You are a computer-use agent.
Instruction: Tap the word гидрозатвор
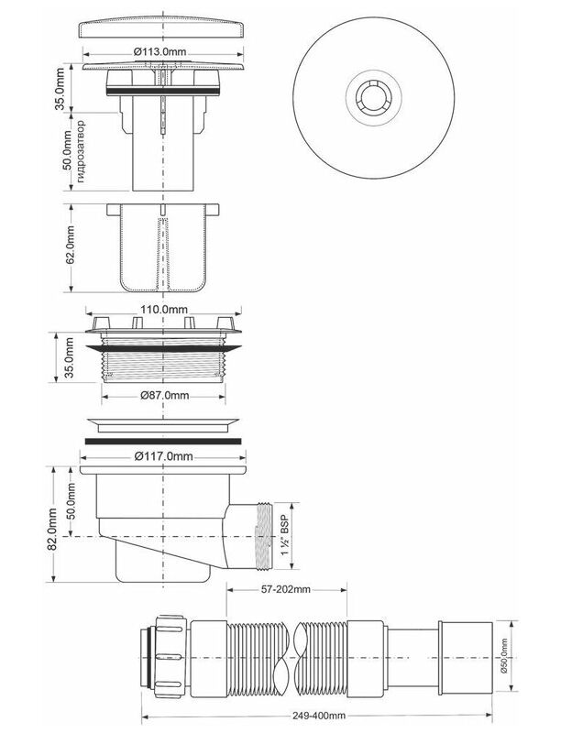click(x=81, y=151)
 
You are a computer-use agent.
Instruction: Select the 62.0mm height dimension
click(x=71, y=245)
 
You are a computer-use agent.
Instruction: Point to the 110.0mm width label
click(x=164, y=310)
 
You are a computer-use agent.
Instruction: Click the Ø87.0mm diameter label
click(x=165, y=395)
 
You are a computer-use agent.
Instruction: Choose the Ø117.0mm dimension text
click(x=163, y=456)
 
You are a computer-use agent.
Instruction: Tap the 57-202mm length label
click(x=286, y=589)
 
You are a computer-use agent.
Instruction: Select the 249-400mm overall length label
click(x=319, y=716)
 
